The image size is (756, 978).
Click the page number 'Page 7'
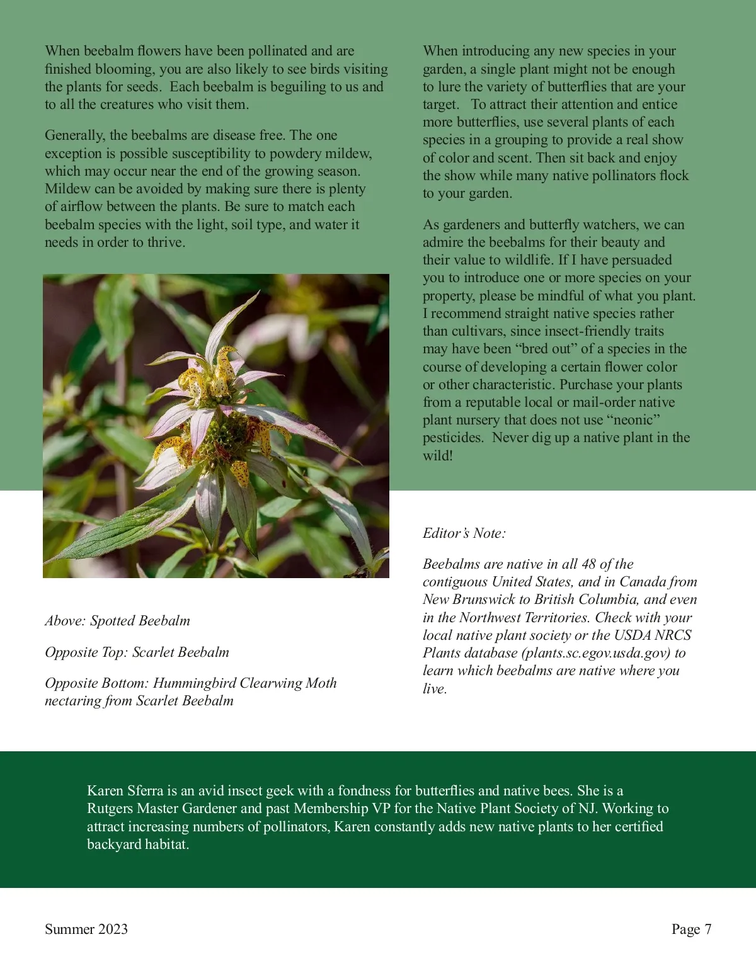691,930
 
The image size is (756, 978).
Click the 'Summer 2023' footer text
86,930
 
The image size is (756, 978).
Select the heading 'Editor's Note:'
464,533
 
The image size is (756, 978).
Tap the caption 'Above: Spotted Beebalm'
117,621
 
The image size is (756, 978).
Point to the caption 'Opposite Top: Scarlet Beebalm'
137,652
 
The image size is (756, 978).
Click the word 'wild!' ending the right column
437,456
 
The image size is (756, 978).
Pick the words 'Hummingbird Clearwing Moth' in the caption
244,683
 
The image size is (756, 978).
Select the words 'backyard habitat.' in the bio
138,844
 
